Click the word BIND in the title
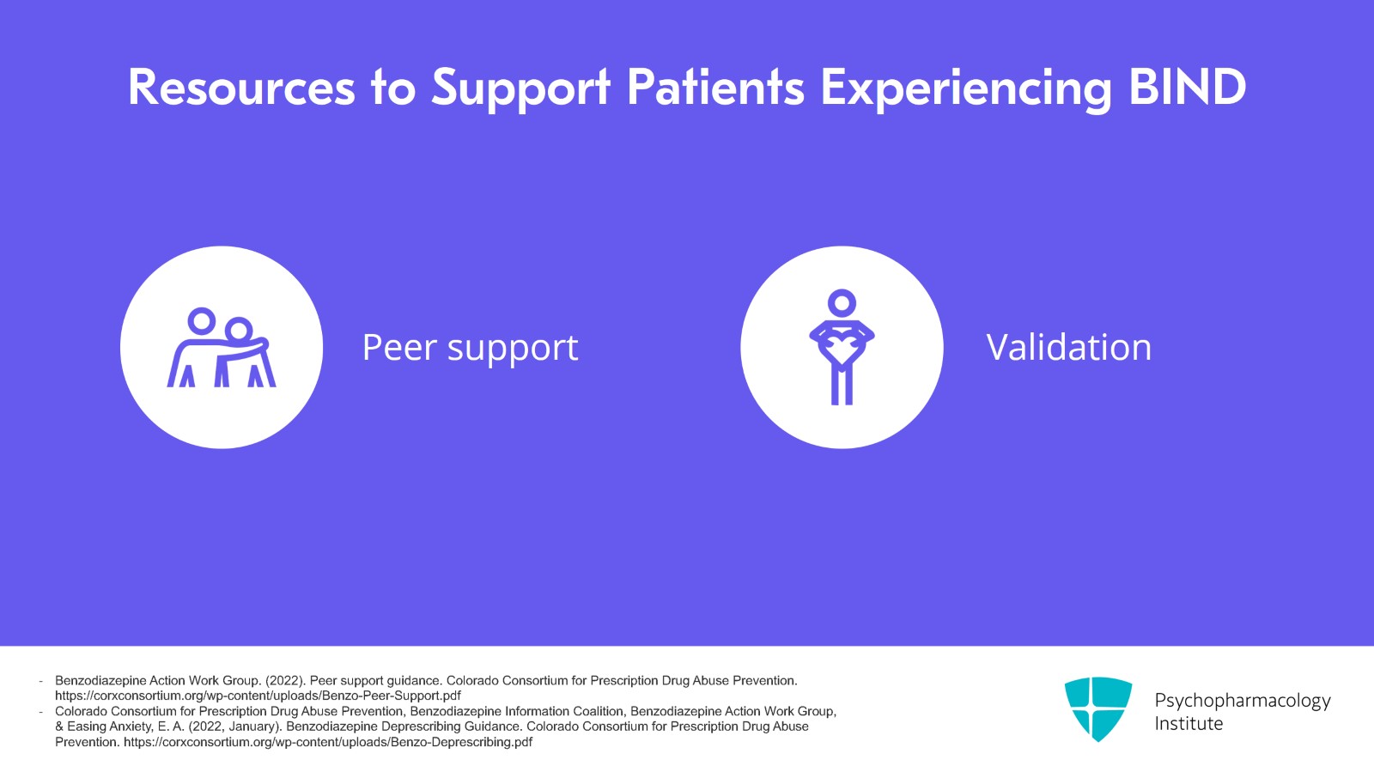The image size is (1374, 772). [1188, 87]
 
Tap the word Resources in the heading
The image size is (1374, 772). [241, 87]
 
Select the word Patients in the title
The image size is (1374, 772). [714, 87]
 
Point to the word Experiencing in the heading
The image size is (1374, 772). [966, 91]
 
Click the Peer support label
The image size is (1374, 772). [470, 349]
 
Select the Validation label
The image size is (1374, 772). [1069, 347]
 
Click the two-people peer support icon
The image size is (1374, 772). [222, 347]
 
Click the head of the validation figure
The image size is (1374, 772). [842, 303]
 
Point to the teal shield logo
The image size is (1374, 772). [1098, 708]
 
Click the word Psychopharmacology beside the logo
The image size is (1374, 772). [1243, 701]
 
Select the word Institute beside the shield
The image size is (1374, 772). [1189, 724]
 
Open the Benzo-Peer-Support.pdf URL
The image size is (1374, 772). [258, 696]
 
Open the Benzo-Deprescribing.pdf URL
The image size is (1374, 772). [328, 742]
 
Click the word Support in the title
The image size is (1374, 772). [520, 91]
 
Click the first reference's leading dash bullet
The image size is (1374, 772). [41, 681]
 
